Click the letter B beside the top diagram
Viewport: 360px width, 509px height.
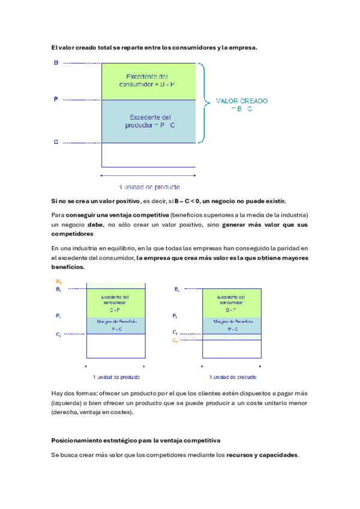pyautogui.click(x=56, y=62)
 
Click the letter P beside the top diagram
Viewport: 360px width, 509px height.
pyautogui.click(x=56, y=99)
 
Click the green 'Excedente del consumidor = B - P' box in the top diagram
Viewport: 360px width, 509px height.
pyautogui.click(x=149, y=80)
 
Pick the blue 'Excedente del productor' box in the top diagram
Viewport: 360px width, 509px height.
pyautogui.click(x=149, y=121)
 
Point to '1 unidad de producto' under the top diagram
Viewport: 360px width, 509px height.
pyautogui.click(x=149, y=187)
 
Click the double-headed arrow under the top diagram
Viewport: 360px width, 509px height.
pyautogui.click(x=149, y=175)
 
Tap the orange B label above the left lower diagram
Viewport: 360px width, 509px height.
pyautogui.click(x=59, y=282)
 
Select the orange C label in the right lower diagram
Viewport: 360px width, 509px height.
pyautogui.click(x=175, y=340)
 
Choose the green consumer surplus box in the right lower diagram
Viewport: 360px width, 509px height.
pyautogui.click(x=232, y=303)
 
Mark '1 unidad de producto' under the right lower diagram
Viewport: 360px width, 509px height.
pyautogui.click(x=233, y=378)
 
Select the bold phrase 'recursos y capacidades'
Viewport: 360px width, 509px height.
pyautogui.click(x=262, y=456)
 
